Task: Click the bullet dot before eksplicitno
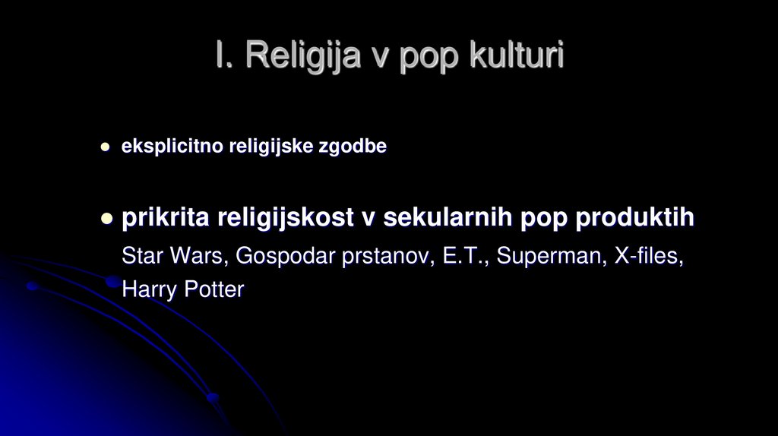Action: pyautogui.click(x=106, y=147)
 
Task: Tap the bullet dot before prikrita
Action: pyautogui.click(x=106, y=219)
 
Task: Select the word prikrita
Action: pyautogui.click(x=164, y=218)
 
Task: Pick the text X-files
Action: pyautogui.click(x=647, y=256)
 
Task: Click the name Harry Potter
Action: pyautogui.click(x=183, y=289)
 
